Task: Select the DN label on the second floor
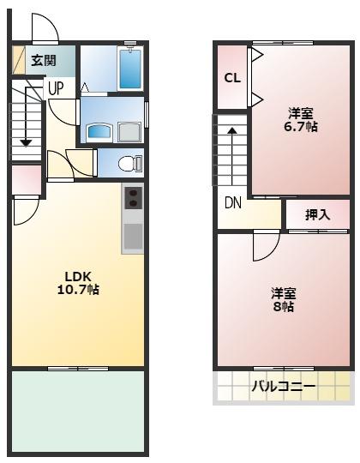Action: [x=232, y=204]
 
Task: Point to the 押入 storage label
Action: [x=317, y=214]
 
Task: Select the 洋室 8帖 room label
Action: [x=283, y=299]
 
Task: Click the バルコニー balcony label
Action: [x=283, y=387]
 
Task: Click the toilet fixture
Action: [x=129, y=163]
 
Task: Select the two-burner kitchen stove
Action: [x=134, y=199]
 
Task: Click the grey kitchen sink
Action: [x=133, y=237]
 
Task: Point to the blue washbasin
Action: [x=99, y=131]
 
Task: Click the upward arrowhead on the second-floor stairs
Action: [x=231, y=130]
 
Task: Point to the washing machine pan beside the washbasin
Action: [x=131, y=131]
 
